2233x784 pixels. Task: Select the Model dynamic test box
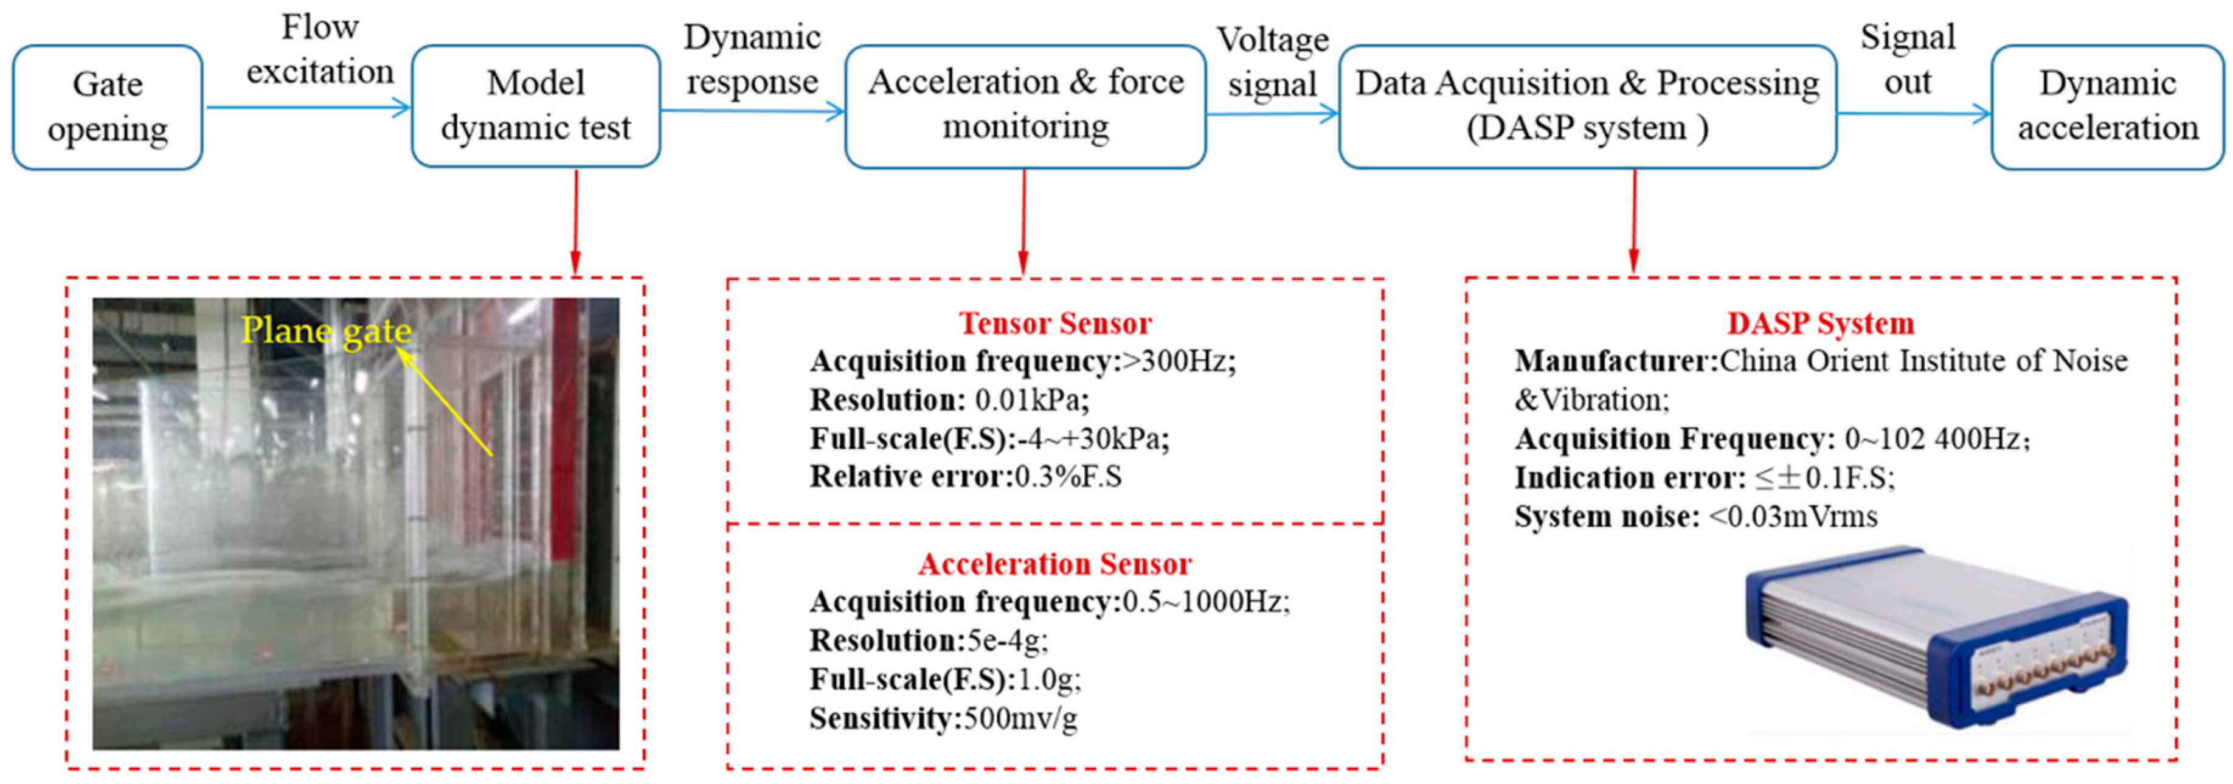[536, 106]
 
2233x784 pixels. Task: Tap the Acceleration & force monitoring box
[1025, 106]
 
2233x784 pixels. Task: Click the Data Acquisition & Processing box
[1587, 106]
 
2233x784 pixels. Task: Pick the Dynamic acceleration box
[2107, 106]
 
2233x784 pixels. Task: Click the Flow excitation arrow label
[320, 49]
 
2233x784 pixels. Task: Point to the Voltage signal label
[1272, 63]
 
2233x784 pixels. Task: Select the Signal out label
[1907, 59]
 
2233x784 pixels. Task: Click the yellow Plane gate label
[326, 330]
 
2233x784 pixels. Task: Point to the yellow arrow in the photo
[446, 404]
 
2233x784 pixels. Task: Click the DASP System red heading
[1820, 324]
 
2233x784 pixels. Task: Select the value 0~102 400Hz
[1935, 439]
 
